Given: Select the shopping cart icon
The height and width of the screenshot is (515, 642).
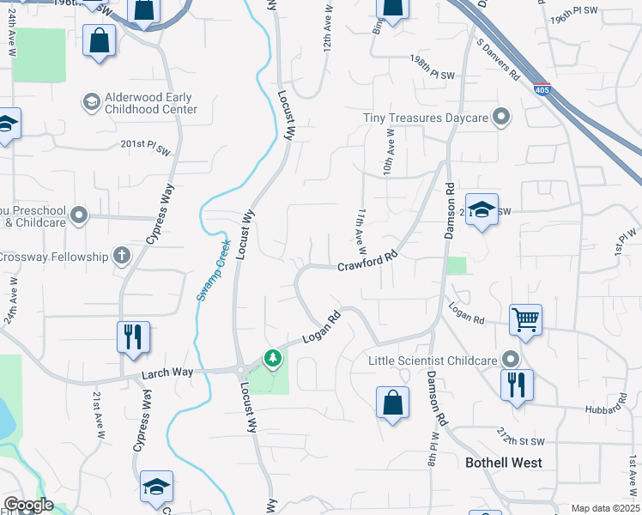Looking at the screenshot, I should pos(525,319).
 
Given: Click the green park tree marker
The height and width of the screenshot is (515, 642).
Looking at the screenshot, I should pos(273,357).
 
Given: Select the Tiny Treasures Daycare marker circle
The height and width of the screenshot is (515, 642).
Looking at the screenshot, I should pos(503,118).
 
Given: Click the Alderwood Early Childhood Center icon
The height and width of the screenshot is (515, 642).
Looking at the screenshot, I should pos(91,103).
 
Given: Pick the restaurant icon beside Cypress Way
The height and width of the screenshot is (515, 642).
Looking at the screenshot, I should pos(133,336).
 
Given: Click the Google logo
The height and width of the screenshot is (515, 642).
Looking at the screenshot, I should pos(27,505).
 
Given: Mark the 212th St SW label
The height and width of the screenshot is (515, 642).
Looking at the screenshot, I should pos(521,436).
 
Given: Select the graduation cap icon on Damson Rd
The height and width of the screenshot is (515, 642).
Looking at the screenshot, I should pos(481,209).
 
